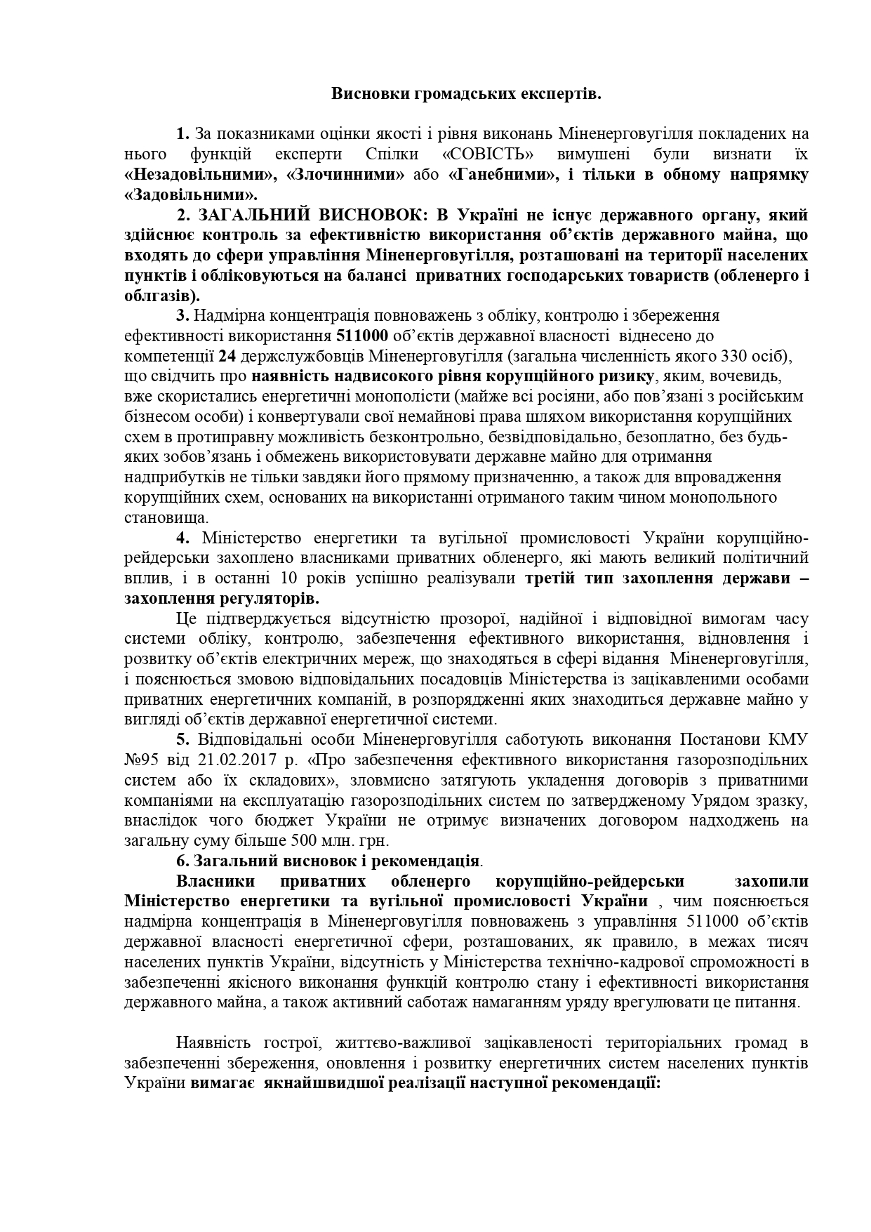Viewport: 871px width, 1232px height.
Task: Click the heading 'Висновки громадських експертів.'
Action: click(x=466, y=93)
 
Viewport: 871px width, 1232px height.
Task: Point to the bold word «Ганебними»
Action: click(x=503, y=174)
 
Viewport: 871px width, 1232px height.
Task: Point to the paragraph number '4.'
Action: click(x=184, y=538)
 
